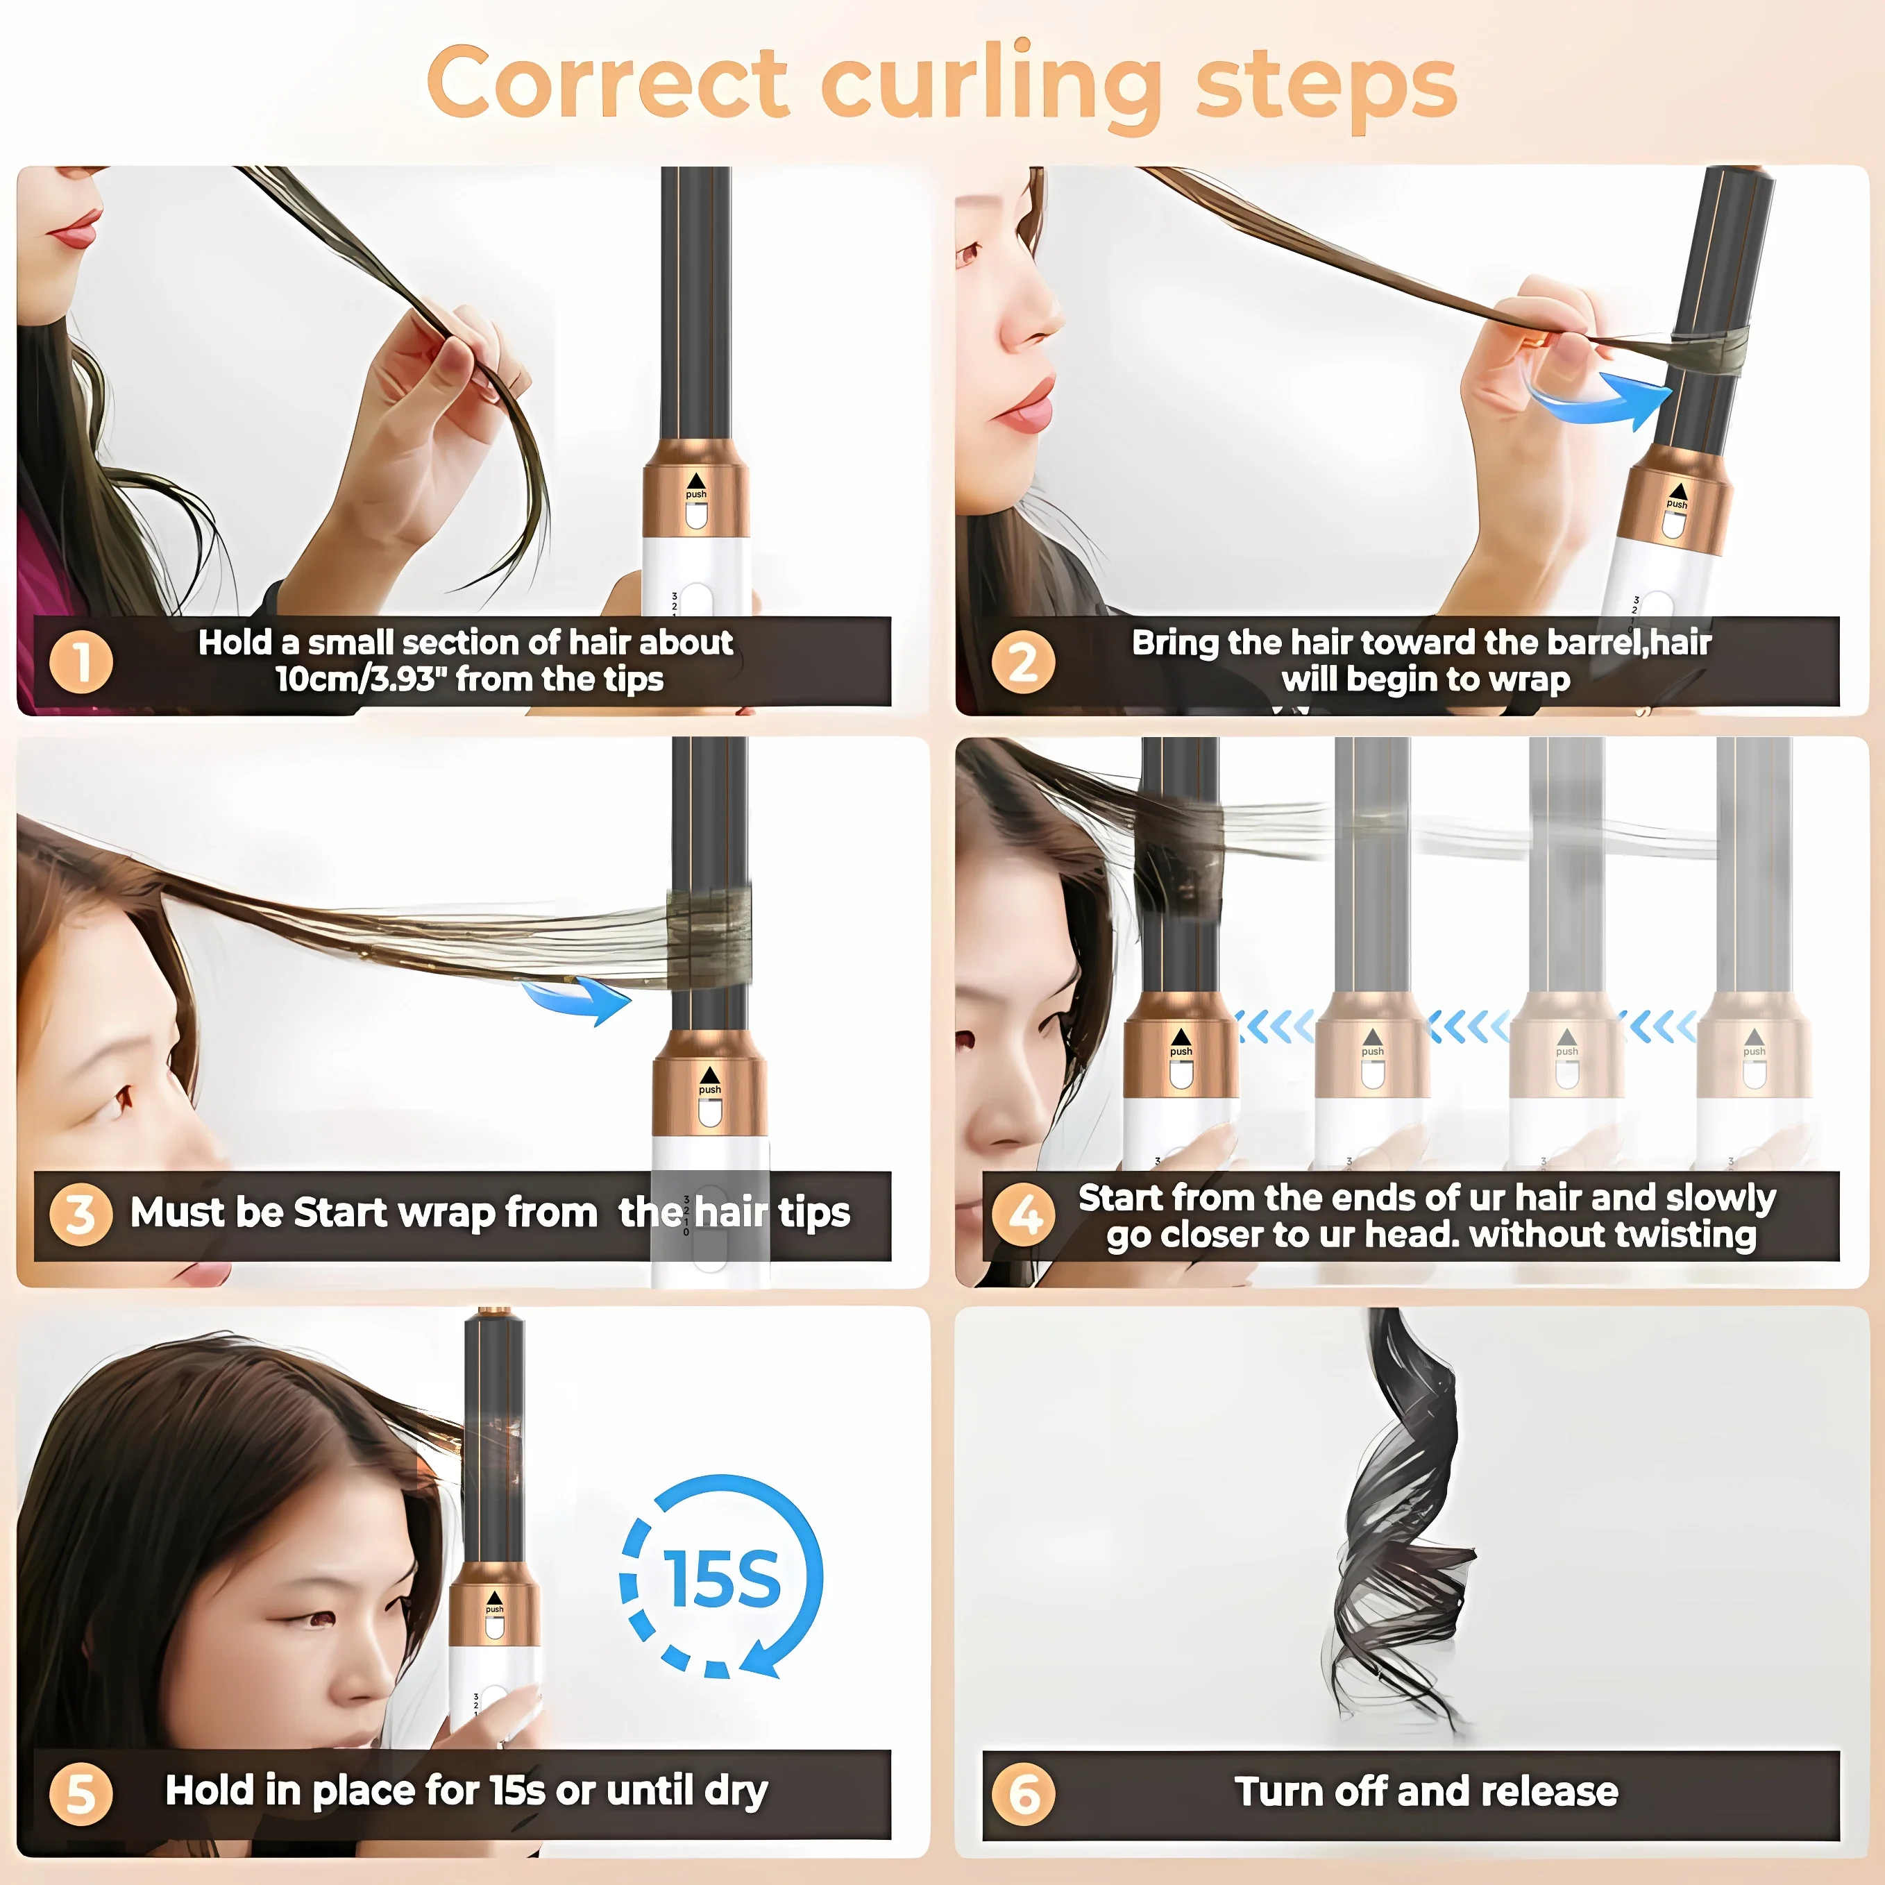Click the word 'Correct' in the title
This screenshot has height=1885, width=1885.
coord(607,82)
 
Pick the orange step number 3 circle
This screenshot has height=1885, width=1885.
coord(81,1215)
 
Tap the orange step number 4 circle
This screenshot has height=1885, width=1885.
coord(1024,1215)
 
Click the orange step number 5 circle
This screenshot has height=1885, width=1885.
coord(81,1793)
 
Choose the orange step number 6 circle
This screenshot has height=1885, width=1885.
coord(1024,1793)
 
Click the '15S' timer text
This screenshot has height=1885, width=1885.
coord(722,1579)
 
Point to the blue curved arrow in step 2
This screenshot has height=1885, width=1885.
coord(1600,402)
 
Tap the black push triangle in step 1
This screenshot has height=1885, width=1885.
coord(695,480)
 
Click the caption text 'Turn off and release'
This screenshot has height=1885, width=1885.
coord(1426,1791)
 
